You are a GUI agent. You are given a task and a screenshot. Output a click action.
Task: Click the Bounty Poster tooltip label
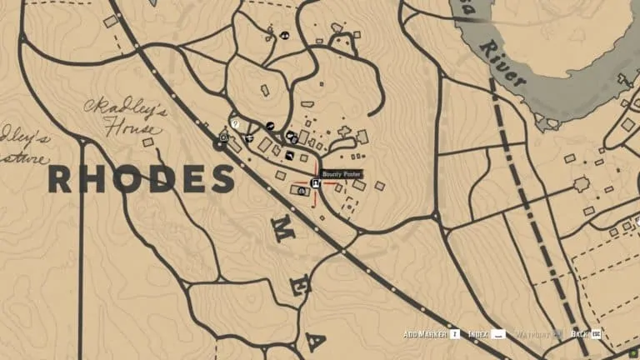pos(342,174)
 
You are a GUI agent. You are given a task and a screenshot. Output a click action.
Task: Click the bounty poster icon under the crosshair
pos(316,183)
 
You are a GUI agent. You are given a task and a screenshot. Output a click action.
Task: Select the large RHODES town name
pos(141,179)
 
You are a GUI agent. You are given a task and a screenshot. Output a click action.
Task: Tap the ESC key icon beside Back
pos(597,334)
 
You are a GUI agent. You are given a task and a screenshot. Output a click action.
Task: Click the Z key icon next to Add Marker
pos(455,334)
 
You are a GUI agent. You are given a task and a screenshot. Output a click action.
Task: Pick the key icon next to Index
pos(499,334)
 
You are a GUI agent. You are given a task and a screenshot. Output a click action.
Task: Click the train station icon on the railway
pos(224,134)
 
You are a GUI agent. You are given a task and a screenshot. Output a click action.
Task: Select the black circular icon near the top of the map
pos(284,36)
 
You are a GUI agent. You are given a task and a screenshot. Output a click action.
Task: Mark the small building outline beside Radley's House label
pos(148,142)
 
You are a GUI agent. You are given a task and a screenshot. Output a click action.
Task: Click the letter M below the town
pos(275,234)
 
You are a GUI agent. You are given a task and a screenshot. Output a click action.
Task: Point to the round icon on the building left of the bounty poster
pos(301,191)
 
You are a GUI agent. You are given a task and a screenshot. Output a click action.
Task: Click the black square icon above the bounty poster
pos(289,155)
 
